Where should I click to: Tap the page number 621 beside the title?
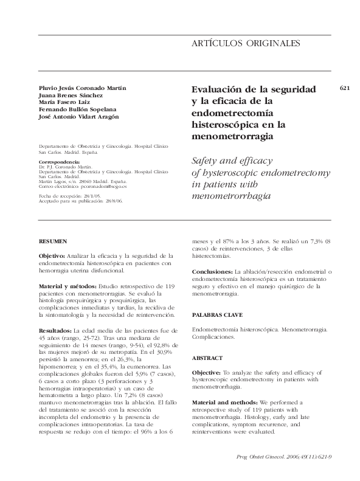(x=345, y=88)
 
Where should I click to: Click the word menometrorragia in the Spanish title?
(x=232, y=137)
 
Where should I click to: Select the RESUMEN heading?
(x=53, y=241)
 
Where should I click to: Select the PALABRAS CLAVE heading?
(x=217, y=314)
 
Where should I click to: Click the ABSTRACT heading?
(x=207, y=358)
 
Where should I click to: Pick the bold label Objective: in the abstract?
(x=210, y=373)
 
